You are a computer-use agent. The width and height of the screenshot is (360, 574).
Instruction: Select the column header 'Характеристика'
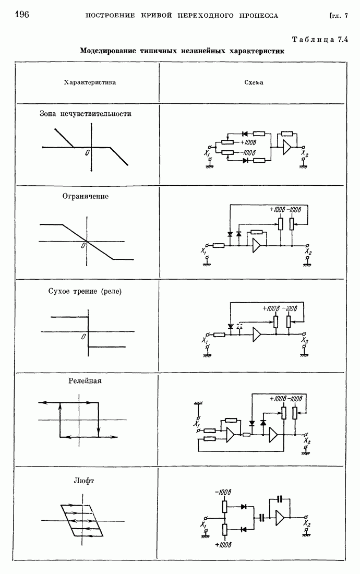(x=90, y=82)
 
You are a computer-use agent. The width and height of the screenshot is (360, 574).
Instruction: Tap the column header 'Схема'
(x=254, y=82)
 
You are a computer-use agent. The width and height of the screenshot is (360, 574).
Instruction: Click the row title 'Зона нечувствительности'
(x=85, y=113)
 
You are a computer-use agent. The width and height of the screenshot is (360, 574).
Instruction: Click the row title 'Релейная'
(x=85, y=380)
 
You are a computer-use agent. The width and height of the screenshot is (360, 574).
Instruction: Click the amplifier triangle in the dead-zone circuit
(x=287, y=148)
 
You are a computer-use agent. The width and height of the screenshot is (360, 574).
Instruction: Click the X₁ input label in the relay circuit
(x=197, y=424)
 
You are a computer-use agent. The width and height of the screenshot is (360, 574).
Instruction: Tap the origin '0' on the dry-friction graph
(x=83, y=337)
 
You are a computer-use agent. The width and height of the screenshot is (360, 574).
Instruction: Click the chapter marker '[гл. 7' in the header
(x=338, y=15)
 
